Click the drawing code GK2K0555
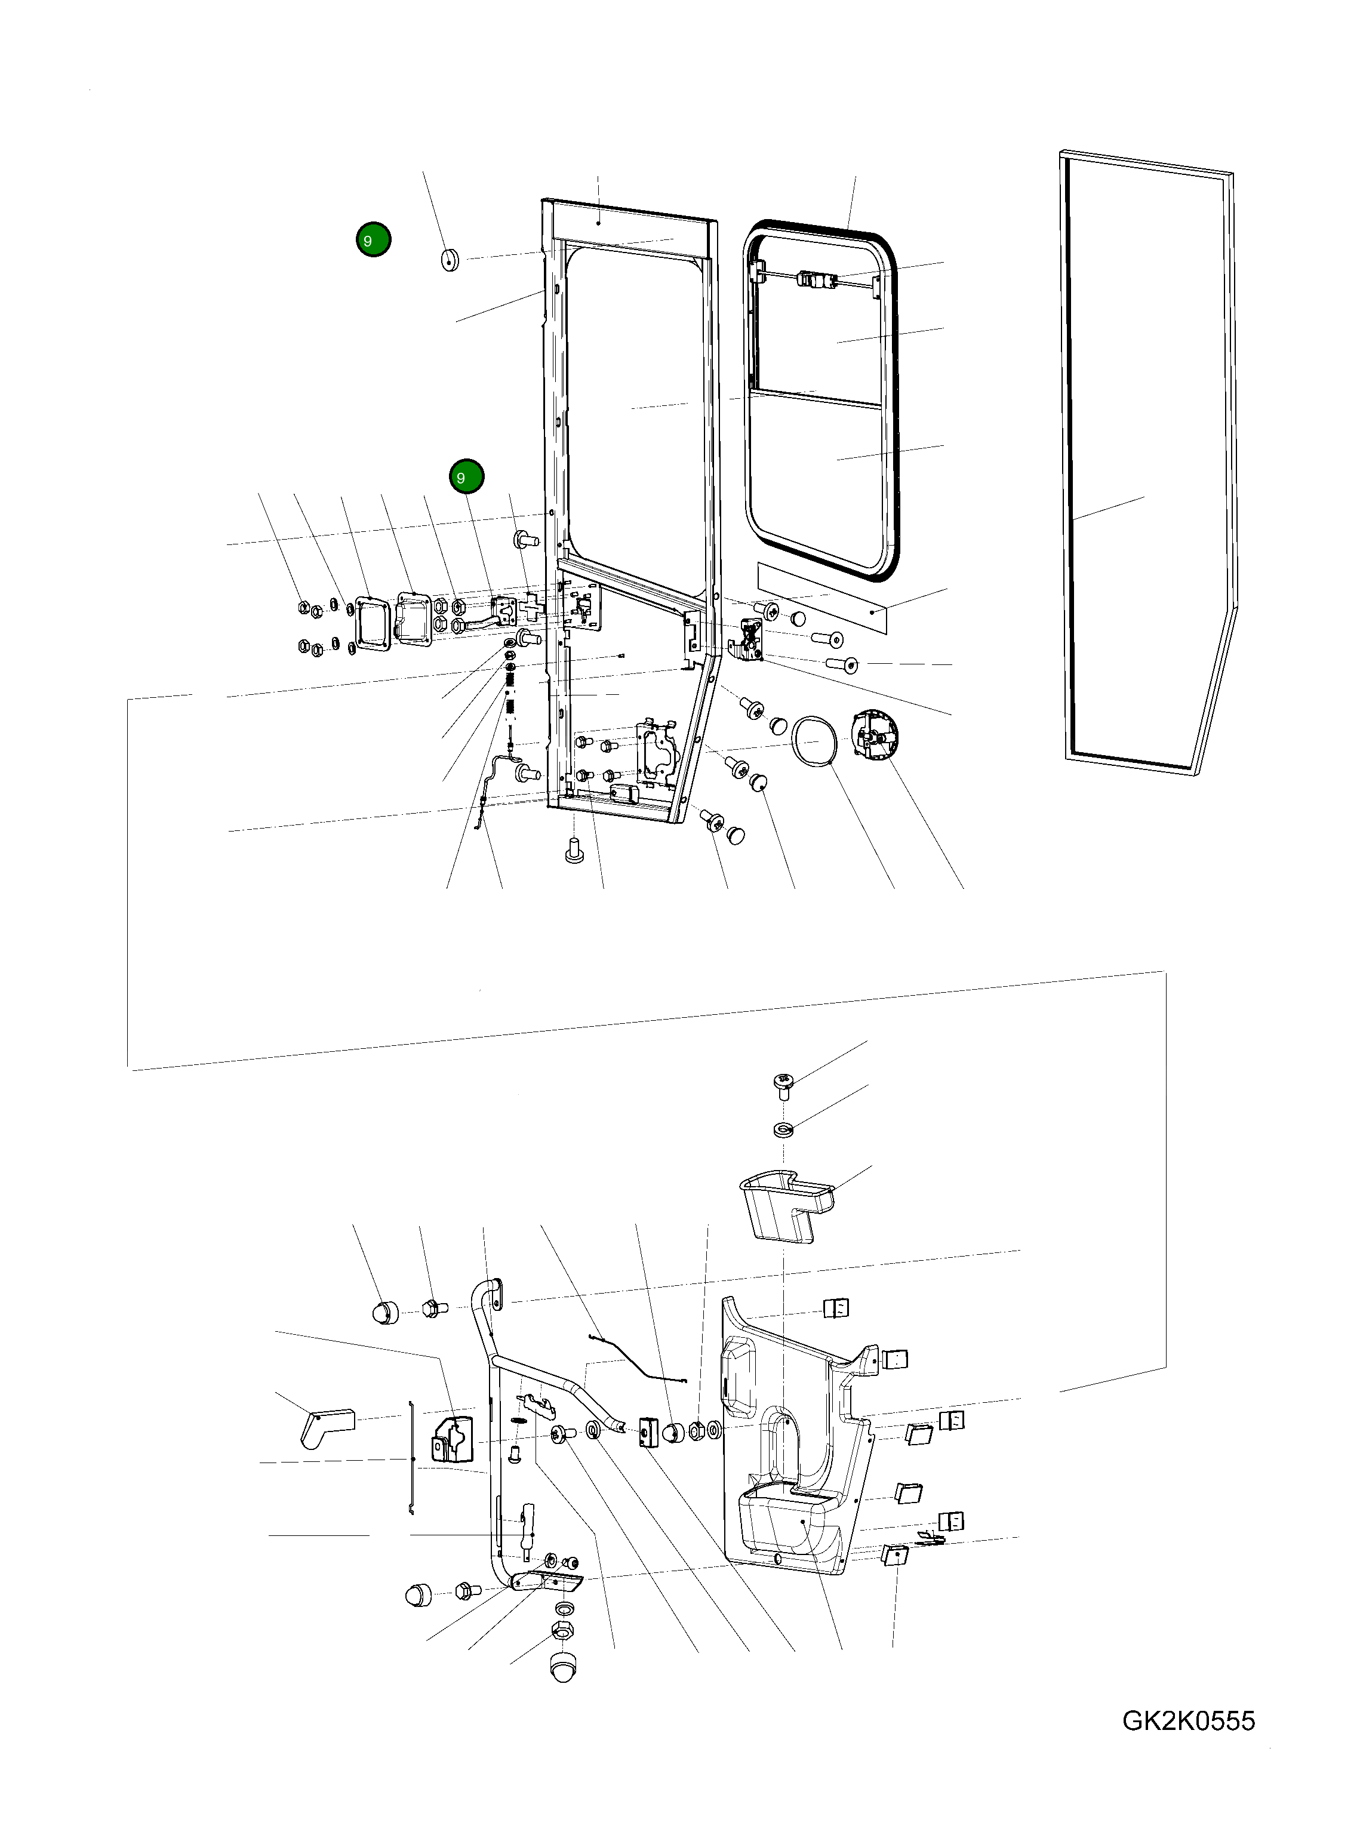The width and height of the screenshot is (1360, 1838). pos(1188,1720)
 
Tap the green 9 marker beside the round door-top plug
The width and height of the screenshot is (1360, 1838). pos(373,239)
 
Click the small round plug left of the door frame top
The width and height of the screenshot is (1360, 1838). pos(450,259)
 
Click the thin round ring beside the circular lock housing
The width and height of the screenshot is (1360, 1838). pos(816,743)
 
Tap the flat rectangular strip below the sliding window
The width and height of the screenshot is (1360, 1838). pos(823,598)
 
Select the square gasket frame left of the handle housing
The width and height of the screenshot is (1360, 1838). pos(372,623)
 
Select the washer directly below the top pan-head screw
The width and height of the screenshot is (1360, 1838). pos(783,1128)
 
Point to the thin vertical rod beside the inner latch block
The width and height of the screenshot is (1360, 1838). pos(411,1458)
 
